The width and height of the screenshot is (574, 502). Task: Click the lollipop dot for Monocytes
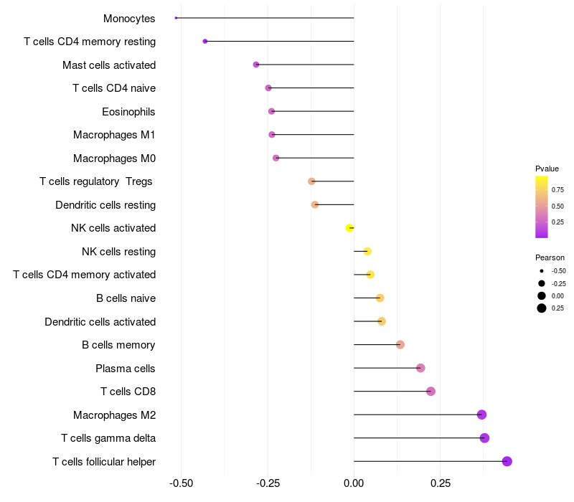(176, 18)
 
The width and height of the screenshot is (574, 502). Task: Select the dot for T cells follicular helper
(507, 461)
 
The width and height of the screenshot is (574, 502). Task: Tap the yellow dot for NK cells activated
(349, 228)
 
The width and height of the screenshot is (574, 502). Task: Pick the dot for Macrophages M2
(481, 415)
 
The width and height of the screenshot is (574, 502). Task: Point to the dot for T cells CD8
(430, 392)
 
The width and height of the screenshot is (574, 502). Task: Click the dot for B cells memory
(400, 345)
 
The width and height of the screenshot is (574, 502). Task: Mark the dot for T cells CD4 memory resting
(205, 42)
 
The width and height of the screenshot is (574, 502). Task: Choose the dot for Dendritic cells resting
(315, 205)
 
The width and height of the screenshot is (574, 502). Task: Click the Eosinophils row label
(128, 112)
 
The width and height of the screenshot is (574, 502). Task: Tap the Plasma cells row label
(126, 369)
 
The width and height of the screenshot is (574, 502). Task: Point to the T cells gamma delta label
(108, 438)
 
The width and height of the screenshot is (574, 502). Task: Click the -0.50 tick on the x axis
(181, 483)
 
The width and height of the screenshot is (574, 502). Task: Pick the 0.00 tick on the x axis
(354, 483)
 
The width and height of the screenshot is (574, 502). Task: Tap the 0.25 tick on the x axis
(441, 483)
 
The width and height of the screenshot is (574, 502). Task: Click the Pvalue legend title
(547, 169)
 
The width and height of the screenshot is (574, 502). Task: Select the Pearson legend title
(550, 257)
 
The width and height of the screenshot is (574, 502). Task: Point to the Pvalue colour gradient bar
(542, 207)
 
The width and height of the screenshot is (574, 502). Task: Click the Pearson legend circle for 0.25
(542, 308)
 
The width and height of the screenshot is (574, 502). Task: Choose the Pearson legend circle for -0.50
(542, 271)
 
